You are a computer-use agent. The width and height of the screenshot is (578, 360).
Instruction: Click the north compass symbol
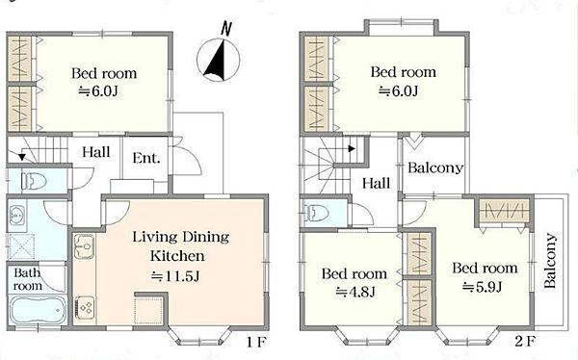pyautogui.click(x=219, y=60)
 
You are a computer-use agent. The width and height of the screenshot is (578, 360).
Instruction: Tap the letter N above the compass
pyautogui.click(x=226, y=30)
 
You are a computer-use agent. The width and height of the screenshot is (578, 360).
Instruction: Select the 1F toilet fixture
pyautogui.click(x=34, y=181)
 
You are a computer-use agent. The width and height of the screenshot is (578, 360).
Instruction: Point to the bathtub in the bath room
pyautogui.click(x=38, y=310)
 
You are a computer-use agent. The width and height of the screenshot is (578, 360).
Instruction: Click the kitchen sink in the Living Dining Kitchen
pyautogui.click(x=84, y=246)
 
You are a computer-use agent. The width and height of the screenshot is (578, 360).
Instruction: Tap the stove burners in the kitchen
pyautogui.click(x=85, y=308)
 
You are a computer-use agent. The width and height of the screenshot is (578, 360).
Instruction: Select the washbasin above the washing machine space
pyautogui.click(x=16, y=214)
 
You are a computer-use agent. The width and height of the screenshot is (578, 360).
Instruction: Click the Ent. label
pyautogui.click(x=146, y=158)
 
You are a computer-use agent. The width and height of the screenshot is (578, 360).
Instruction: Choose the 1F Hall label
pyautogui.click(x=95, y=152)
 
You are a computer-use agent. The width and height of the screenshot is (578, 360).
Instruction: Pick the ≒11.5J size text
pyautogui.click(x=176, y=276)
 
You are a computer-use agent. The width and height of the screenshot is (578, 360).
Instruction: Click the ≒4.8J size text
pyautogui.click(x=355, y=292)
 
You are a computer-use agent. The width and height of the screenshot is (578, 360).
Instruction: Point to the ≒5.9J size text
pyautogui.click(x=483, y=286)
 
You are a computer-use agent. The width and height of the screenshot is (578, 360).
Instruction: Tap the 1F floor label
pyautogui.click(x=256, y=343)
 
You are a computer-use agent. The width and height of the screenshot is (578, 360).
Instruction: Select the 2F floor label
pyautogui.click(x=524, y=342)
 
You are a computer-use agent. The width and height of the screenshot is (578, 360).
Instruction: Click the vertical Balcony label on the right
pyautogui.click(x=549, y=261)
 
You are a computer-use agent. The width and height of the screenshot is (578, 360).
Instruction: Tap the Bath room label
pyautogui.click(x=28, y=279)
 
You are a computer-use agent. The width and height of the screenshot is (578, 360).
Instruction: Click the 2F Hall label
pyautogui.click(x=376, y=183)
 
